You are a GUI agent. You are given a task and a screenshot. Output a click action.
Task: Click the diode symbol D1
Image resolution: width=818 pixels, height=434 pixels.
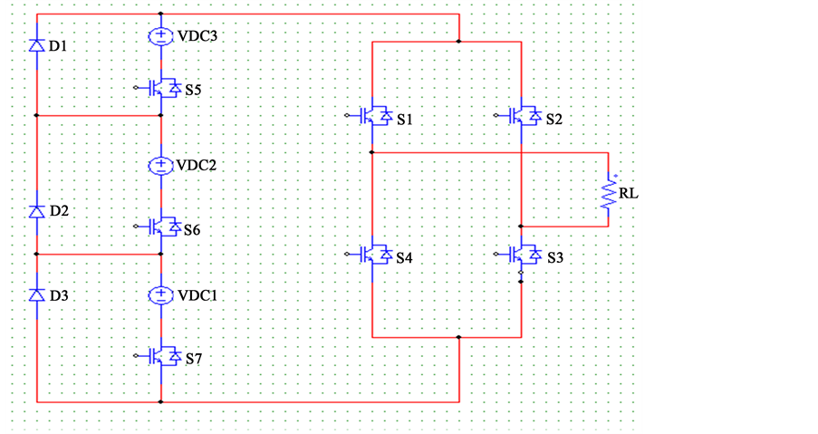(36, 46)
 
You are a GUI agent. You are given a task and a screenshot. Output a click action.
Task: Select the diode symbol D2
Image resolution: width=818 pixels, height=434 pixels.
(36, 211)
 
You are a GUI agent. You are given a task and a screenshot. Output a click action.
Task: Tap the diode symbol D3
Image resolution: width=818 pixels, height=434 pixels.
(36, 295)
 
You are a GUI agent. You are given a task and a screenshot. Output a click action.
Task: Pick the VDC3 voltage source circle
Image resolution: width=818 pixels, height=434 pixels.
(160, 36)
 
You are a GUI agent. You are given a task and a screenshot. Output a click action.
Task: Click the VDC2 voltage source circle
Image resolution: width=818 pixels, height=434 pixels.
(160, 166)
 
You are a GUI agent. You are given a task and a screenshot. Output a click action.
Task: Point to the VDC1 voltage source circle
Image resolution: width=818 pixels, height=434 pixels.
(160, 295)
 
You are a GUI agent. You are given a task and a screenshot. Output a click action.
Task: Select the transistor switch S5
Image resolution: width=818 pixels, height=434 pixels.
(159, 88)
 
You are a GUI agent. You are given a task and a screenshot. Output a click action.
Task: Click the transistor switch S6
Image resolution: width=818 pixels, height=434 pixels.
(159, 227)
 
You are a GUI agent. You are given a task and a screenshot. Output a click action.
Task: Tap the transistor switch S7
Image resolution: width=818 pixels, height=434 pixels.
(159, 357)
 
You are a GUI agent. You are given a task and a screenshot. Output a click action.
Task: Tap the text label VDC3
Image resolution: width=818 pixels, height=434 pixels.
(197, 36)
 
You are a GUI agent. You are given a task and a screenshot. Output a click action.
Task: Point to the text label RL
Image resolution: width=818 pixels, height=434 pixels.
(629, 194)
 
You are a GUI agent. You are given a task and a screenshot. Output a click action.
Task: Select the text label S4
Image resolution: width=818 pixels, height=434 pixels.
(404, 257)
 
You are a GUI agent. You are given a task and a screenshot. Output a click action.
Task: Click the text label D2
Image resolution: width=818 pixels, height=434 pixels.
(59, 211)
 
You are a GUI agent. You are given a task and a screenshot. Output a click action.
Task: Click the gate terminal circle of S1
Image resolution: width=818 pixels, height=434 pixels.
(347, 115)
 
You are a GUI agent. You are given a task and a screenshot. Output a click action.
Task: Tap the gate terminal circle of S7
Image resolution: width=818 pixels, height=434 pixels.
(136, 356)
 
